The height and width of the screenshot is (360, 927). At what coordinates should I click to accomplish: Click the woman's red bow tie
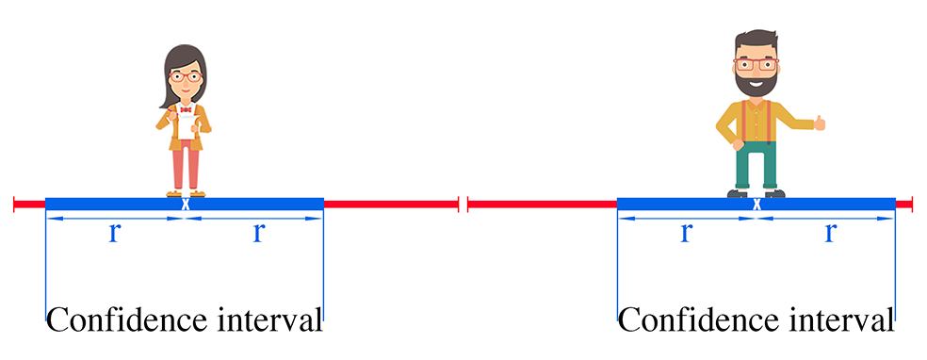pos(186,110)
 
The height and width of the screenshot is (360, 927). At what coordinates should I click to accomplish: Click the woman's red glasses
pos(186,76)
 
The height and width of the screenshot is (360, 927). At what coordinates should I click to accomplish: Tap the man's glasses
pos(756,65)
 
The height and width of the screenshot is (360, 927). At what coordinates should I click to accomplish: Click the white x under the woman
pos(186,204)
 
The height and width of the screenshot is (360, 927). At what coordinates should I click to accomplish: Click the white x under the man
pos(756,204)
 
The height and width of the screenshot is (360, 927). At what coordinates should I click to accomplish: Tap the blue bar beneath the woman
pos(104,204)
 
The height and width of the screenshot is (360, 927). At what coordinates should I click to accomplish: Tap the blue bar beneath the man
pos(678,204)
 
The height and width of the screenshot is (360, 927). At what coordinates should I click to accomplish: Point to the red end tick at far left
pos(15,204)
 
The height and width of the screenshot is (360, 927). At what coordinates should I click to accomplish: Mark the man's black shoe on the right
pos(773,193)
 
